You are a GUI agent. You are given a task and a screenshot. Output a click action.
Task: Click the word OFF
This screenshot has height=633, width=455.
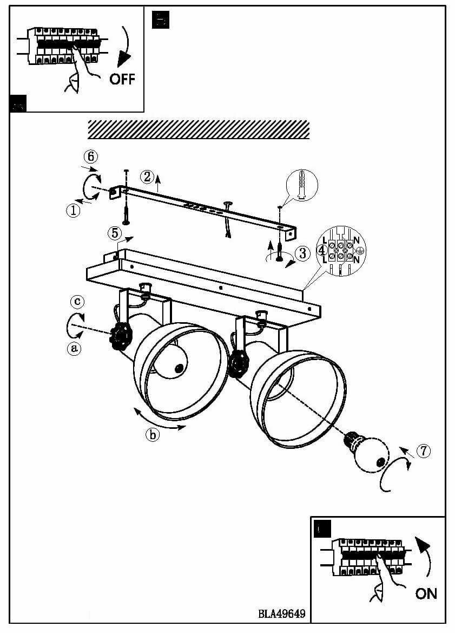(x=122, y=79)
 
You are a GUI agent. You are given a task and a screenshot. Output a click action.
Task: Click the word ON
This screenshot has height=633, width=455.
(x=426, y=593)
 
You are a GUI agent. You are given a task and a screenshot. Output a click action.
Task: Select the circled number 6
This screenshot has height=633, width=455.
(x=91, y=156)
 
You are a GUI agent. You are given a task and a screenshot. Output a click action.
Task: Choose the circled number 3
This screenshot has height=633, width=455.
(x=302, y=252)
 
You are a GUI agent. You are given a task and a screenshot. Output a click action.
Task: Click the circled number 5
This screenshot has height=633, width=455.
(x=114, y=233)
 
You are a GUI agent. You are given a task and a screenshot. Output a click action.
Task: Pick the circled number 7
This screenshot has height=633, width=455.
(x=424, y=451)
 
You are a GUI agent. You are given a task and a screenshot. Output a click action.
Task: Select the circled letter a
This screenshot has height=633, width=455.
(x=74, y=349)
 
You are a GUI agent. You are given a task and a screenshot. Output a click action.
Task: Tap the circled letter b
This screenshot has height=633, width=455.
(x=153, y=434)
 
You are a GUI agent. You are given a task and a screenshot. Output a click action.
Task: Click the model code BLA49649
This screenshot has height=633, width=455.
(x=282, y=614)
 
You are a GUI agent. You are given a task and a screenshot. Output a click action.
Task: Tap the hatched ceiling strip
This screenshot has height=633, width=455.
(x=198, y=129)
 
